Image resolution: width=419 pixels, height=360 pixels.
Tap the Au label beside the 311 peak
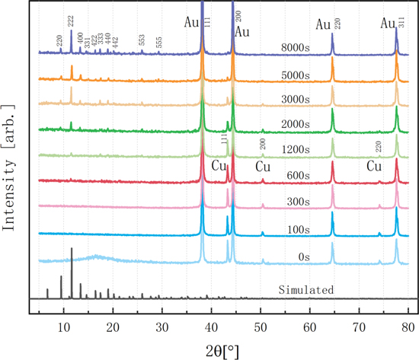(388, 24)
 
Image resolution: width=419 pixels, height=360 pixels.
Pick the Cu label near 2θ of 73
(374, 166)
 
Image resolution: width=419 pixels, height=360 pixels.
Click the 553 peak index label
(142, 42)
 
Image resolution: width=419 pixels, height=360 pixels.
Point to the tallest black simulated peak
(72, 250)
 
